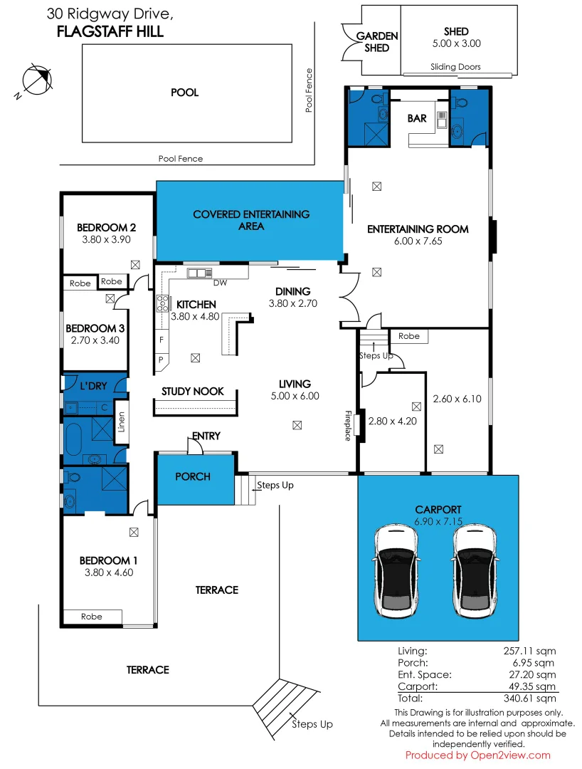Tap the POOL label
tap(185, 93)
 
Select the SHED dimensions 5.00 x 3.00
tap(456, 43)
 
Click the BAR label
tap(417, 118)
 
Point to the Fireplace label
tap(349, 426)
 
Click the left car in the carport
tap(396, 571)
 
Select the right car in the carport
tap(475, 571)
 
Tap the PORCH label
tap(193, 476)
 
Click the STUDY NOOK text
tap(193, 392)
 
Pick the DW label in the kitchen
tap(220, 283)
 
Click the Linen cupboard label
tap(121, 422)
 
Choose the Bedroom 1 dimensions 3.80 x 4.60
tap(109, 572)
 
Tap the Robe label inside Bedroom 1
tap(92, 617)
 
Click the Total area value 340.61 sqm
tap(530, 699)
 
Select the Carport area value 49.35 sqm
tap(532, 686)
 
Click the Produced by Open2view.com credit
tap(478, 755)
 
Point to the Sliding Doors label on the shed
tap(455, 67)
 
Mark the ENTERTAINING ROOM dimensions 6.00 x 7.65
tap(418, 241)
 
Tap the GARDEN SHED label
tap(376, 42)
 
